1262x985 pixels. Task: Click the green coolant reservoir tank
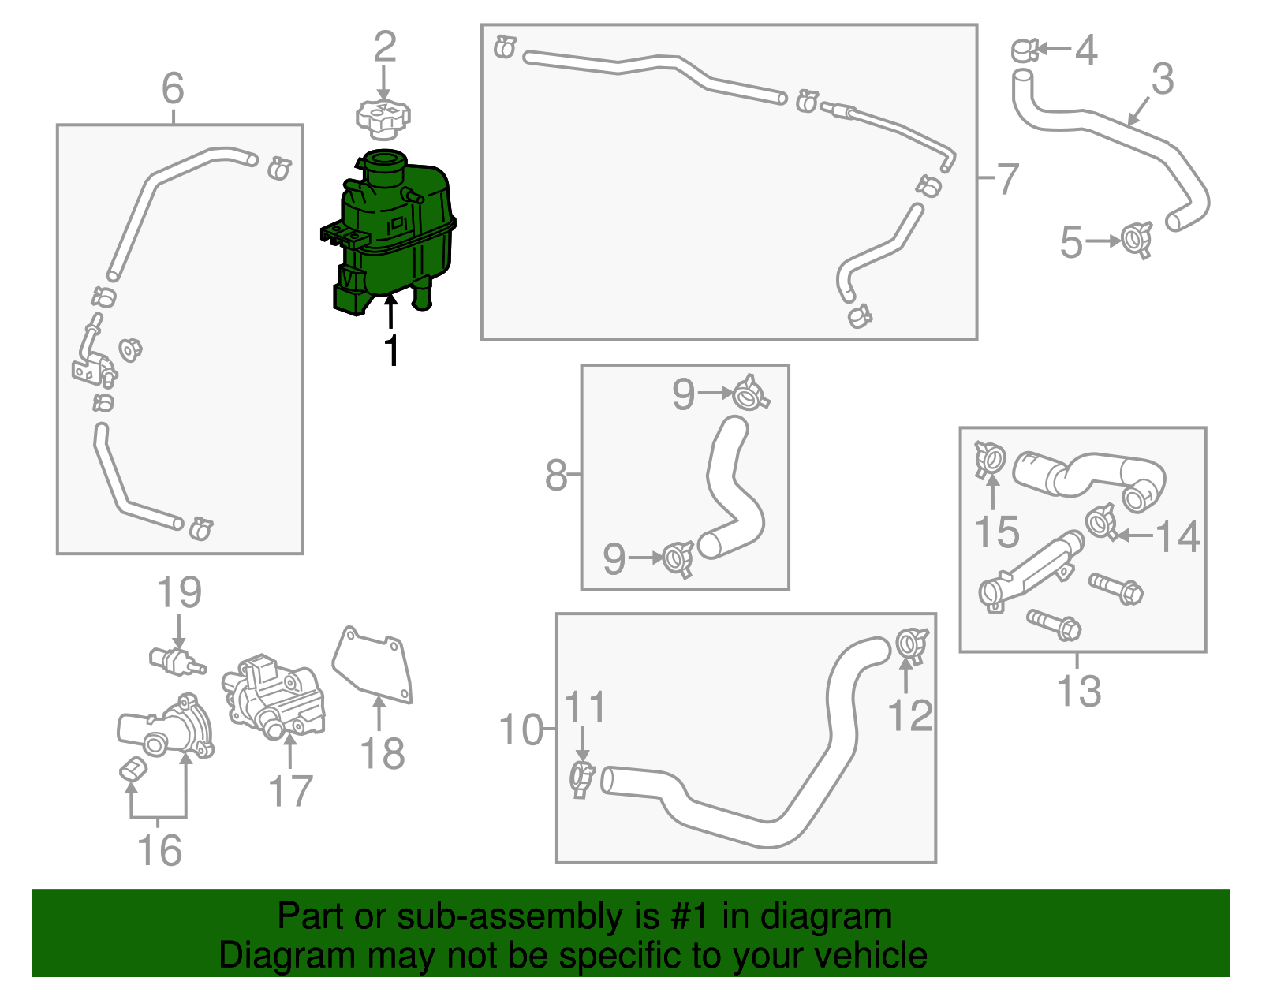388,232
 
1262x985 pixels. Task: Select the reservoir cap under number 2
383,120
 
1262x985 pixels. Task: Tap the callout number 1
392,350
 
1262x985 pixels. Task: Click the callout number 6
173,88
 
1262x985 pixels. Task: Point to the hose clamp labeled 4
1025,50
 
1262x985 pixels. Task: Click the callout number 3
1162,79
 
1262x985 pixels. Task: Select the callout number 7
1007,179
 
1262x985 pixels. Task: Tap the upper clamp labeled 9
751,393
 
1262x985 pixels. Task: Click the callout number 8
555,475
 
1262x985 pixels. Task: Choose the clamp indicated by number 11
582,779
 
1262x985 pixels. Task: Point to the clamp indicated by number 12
911,646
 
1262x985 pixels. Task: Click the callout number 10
521,729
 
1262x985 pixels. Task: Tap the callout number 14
1177,536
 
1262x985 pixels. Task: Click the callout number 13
1078,691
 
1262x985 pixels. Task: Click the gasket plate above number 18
373,665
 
